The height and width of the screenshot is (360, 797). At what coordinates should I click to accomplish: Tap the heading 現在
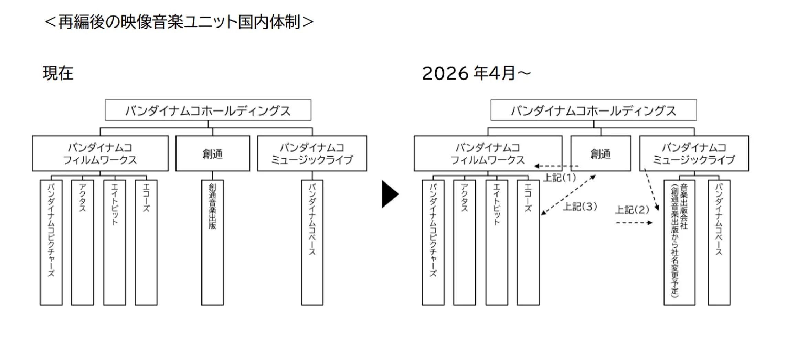(58, 73)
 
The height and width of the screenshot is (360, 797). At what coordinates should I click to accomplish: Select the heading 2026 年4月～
(476, 73)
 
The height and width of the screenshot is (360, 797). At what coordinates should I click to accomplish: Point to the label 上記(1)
(559, 178)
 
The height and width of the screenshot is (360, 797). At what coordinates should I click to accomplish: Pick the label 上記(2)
(632, 210)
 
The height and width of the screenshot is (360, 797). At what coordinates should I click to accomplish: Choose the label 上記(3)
(580, 207)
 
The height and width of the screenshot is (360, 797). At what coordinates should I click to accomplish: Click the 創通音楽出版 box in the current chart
(212, 242)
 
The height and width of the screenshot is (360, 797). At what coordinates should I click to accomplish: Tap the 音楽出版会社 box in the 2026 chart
(679, 242)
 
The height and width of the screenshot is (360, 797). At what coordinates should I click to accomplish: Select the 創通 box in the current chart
(212, 153)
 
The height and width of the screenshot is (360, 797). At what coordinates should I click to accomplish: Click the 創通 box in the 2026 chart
(601, 153)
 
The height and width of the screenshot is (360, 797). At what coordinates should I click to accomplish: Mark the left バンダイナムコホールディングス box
(208, 110)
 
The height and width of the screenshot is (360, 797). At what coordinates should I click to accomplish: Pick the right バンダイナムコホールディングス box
(593, 110)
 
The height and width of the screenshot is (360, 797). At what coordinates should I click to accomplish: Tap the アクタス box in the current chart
(82, 242)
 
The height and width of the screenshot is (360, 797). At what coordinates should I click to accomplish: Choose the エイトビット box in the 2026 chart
(497, 242)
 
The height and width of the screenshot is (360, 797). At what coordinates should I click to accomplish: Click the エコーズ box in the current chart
(146, 242)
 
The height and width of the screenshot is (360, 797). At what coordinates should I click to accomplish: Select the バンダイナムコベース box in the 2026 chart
(719, 242)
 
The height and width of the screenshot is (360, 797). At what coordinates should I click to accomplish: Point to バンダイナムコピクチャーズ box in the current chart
(51, 242)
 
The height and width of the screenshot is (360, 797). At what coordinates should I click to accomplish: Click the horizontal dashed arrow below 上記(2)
(634, 223)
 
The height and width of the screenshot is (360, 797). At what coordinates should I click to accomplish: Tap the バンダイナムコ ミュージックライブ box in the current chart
(312, 153)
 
